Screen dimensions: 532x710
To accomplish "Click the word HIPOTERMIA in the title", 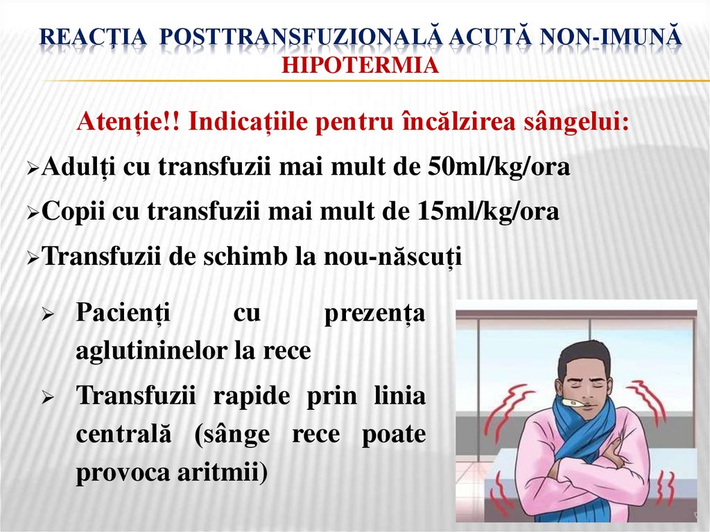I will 361,65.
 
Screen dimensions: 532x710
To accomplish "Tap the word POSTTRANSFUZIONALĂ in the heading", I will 302,39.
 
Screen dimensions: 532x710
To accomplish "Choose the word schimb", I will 240,257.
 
